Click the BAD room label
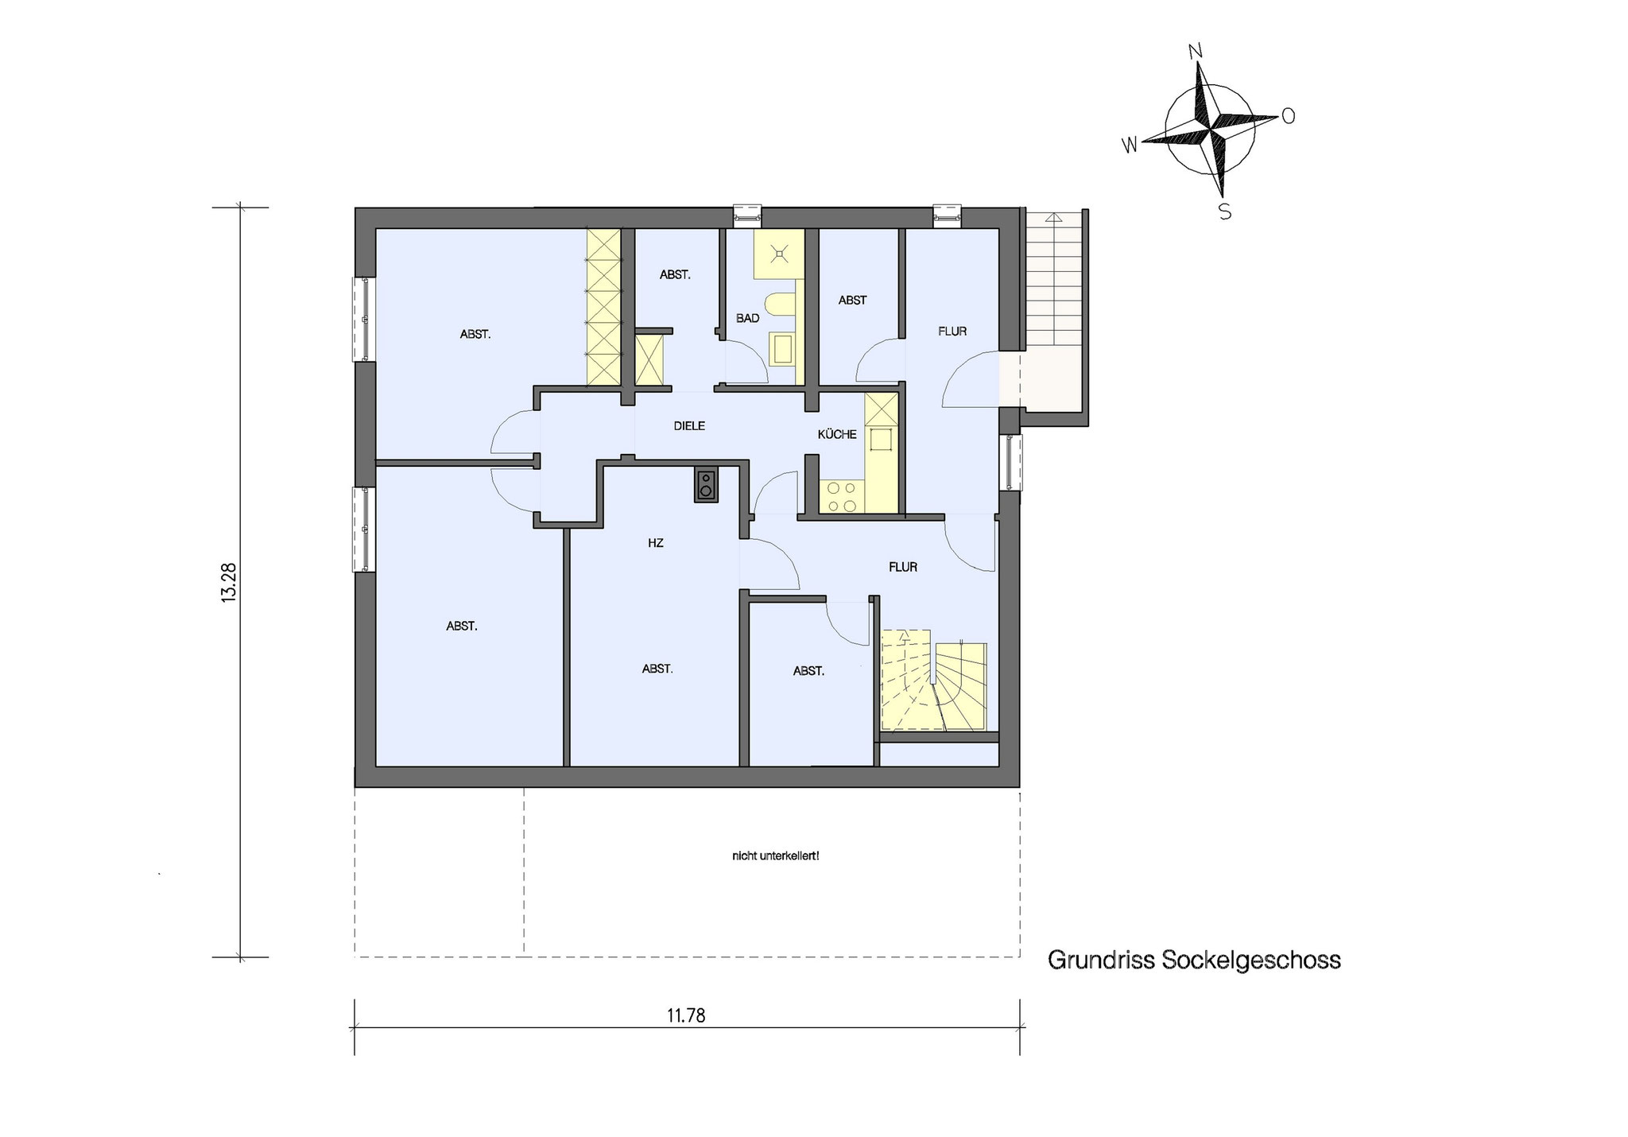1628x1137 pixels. click(x=747, y=318)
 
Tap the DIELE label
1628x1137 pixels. click(x=689, y=426)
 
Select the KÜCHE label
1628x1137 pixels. click(x=837, y=434)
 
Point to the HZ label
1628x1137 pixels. click(x=655, y=544)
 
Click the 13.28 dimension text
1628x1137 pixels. click(x=230, y=583)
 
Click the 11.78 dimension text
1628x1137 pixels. click(x=686, y=1015)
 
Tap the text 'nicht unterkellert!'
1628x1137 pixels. click(x=775, y=856)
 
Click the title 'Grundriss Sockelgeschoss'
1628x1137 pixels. click(x=1194, y=960)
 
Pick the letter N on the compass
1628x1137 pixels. click(x=1195, y=52)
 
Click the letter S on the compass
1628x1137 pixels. click(x=1225, y=212)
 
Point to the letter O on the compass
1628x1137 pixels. click(x=1288, y=116)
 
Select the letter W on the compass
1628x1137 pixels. click(x=1129, y=145)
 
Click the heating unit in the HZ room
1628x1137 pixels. click(x=705, y=485)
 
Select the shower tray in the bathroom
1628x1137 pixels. click(x=779, y=254)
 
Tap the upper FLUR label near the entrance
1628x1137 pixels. click(x=952, y=332)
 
